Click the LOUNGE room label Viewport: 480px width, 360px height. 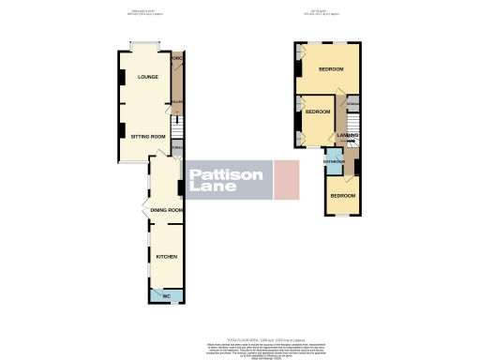coord(147,77)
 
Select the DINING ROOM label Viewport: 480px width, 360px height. coord(165,210)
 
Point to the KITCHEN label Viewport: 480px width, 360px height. coord(165,255)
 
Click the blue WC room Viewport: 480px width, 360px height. coord(166,296)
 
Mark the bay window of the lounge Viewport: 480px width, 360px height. coord(146,45)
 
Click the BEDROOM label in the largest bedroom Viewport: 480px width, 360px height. coord(329,70)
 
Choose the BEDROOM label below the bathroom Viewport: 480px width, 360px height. coord(342,196)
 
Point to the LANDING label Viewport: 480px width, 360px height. coord(348,136)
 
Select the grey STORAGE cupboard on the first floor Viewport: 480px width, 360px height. coord(353,105)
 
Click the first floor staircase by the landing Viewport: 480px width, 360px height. coord(355,127)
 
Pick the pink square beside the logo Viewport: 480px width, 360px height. coord(286,179)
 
